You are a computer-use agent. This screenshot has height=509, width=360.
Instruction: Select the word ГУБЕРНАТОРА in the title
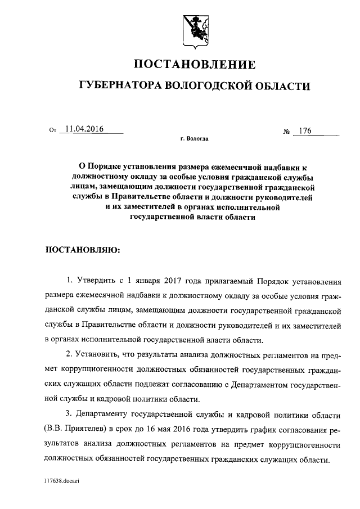[118, 86]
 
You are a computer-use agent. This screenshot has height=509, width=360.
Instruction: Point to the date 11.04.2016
[85, 129]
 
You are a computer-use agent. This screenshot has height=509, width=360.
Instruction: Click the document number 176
[306, 131]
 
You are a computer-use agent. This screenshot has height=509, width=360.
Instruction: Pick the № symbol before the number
[287, 132]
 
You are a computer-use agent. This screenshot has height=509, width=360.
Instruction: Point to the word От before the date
[53, 130]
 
